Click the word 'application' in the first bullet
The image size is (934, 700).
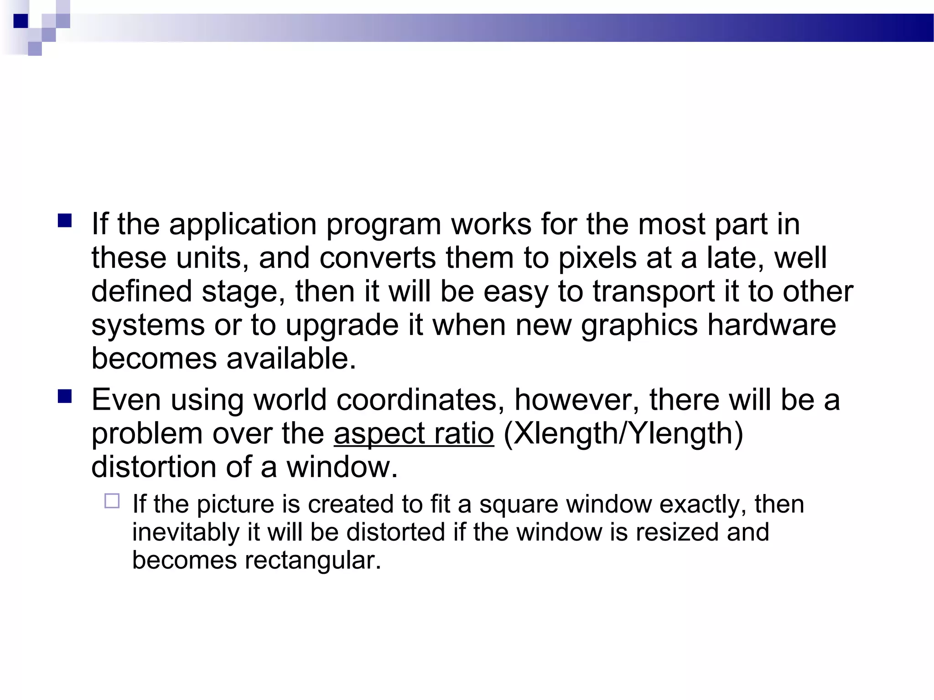(x=243, y=225)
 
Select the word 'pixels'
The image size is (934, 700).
(x=597, y=258)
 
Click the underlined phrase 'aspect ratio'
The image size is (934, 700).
(x=414, y=433)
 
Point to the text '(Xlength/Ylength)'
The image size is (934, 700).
(x=623, y=433)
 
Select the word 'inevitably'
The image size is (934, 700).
(x=186, y=532)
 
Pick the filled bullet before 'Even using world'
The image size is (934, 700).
(x=65, y=396)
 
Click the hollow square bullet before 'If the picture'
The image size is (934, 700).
(x=112, y=501)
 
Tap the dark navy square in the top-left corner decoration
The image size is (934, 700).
(x=21, y=21)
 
